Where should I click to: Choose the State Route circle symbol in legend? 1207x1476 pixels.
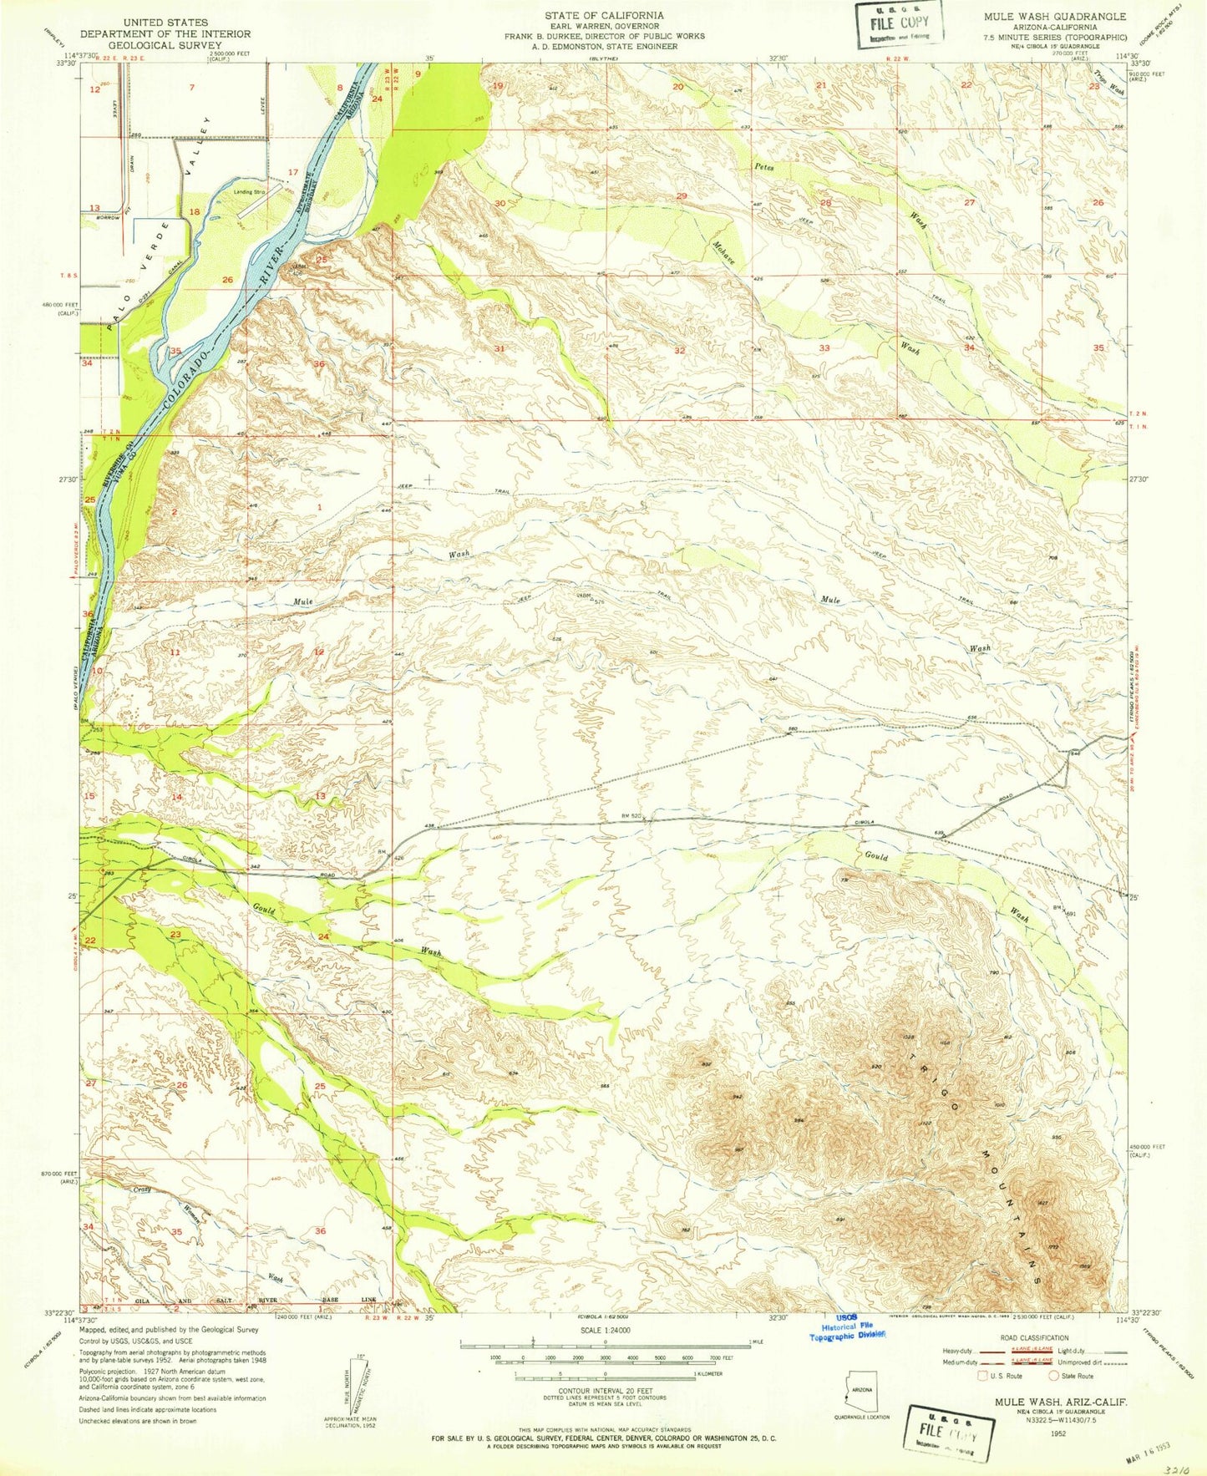pos(1055,1376)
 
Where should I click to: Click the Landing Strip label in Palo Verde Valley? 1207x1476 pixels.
pos(249,191)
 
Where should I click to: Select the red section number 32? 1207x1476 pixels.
pos(680,351)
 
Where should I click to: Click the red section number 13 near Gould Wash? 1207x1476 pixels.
pos(320,796)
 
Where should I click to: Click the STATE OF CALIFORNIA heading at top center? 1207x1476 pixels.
pos(604,15)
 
